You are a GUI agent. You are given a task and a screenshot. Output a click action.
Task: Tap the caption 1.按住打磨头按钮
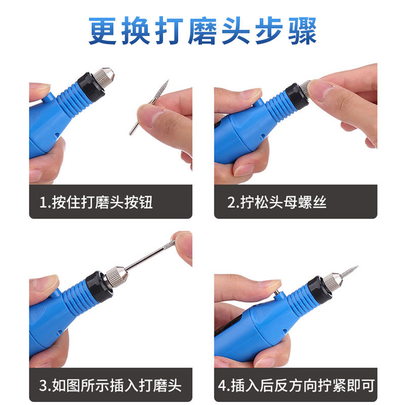pyautogui.click(x=96, y=203)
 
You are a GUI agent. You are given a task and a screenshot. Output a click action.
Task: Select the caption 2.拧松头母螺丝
pyautogui.click(x=277, y=203)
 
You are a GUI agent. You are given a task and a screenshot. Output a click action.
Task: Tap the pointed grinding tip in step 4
pyautogui.click(x=349, y=271)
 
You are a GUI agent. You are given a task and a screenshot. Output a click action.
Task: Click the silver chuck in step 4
pyautogui.click(x=331, y=280)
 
